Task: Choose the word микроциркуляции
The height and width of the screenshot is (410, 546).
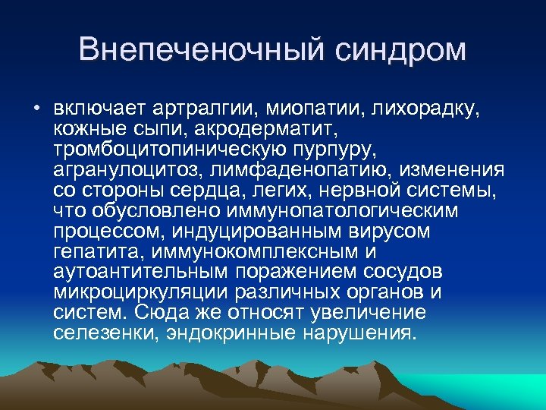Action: (x=144, y=292)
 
